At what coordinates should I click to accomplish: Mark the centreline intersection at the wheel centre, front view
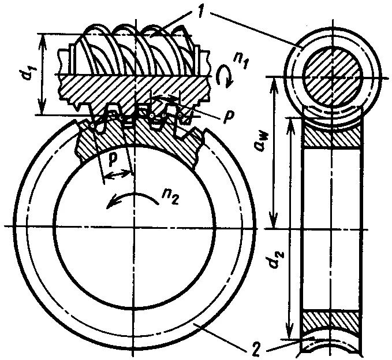133,225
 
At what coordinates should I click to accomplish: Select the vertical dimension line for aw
275,153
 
